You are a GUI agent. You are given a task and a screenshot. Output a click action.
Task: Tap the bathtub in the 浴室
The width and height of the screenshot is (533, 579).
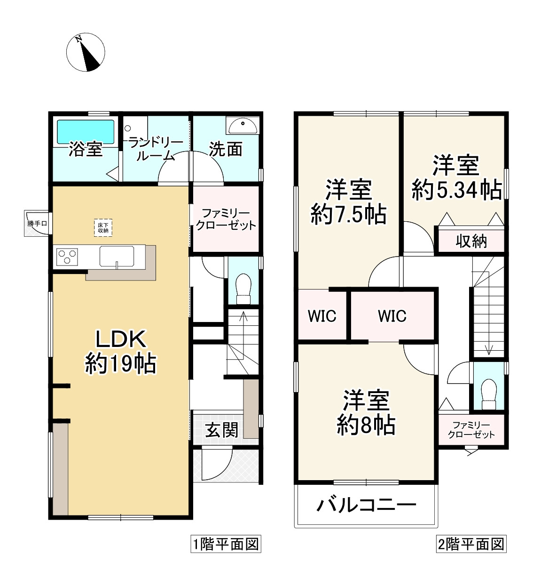[x=86, y=132]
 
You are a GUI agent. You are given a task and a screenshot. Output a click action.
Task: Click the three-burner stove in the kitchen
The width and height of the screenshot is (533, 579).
[x=67, y=257]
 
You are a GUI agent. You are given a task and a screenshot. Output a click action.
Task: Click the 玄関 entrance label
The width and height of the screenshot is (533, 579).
[x=221, y=429]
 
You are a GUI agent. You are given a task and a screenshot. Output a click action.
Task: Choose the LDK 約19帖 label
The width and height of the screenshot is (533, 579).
[x=121, y=351]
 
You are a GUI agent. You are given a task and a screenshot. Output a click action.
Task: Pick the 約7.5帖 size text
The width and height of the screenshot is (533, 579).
[x=348, y=215]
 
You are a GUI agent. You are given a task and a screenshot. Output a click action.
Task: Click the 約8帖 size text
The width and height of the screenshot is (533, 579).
[x=366, y=426]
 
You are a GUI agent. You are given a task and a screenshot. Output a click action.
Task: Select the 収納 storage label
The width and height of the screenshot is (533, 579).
[x=471, y=241]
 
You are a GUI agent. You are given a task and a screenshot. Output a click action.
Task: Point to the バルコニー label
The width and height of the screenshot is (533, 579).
[x=366, y=507]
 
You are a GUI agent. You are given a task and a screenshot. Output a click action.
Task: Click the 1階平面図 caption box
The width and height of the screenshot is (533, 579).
[x=226, y=545]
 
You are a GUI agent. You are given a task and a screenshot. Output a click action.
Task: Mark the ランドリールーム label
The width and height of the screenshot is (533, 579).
[x=156, y=149]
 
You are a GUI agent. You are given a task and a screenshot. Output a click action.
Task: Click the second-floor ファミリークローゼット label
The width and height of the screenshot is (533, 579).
[x=471, y=429]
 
